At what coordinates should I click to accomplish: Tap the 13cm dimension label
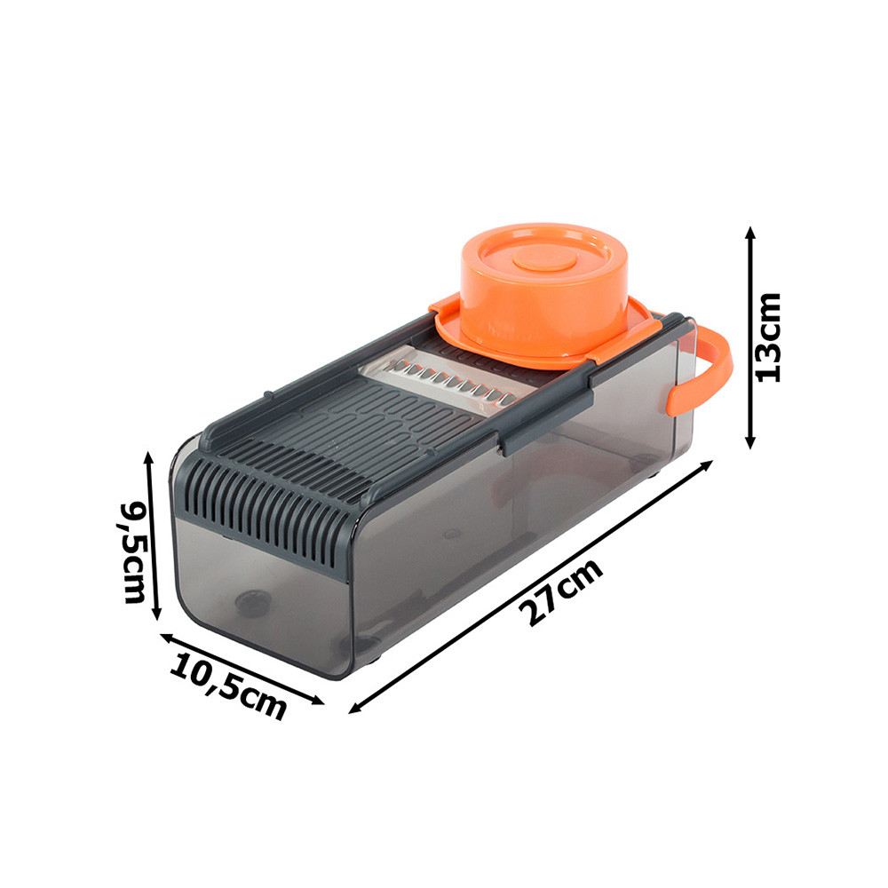(x=768, y=338)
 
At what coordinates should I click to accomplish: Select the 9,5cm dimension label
(x=132, y=552)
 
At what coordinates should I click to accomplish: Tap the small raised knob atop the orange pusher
(x=545, y=259)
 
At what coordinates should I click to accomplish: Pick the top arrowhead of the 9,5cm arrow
(x=148, y=459)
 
